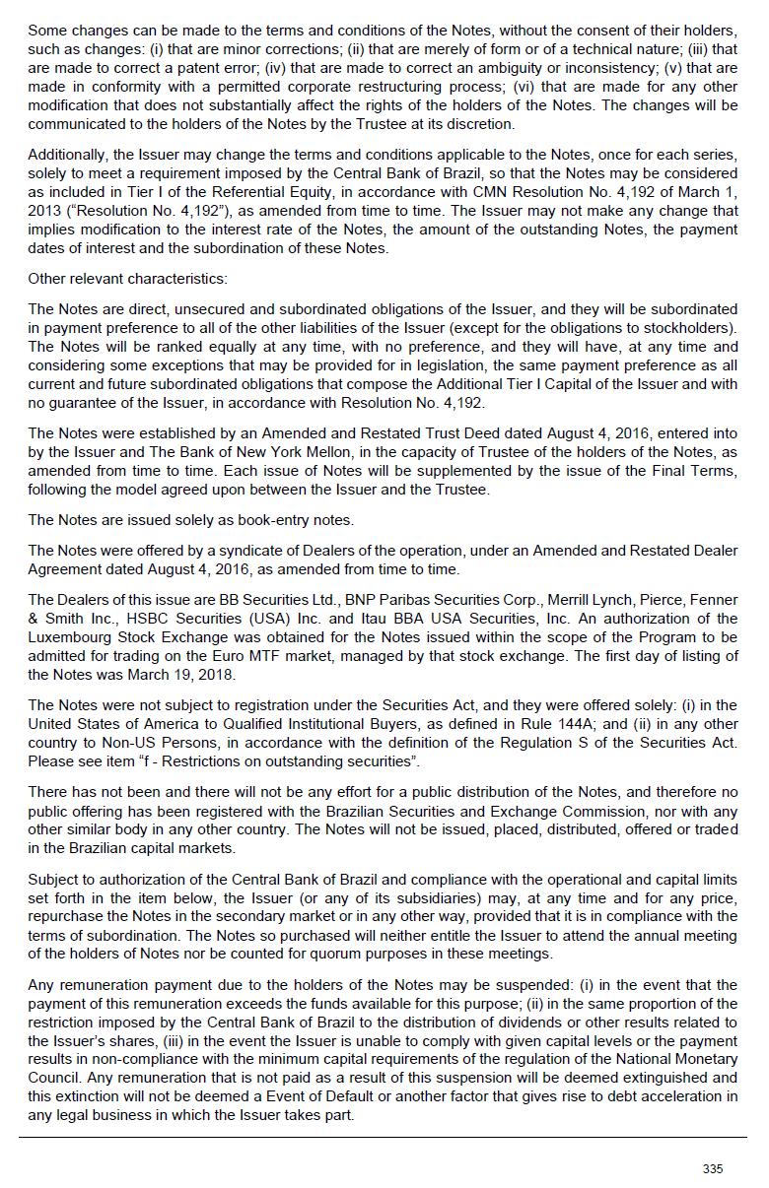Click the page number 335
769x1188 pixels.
coord(712,1168)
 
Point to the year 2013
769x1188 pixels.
coord(45,211)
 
